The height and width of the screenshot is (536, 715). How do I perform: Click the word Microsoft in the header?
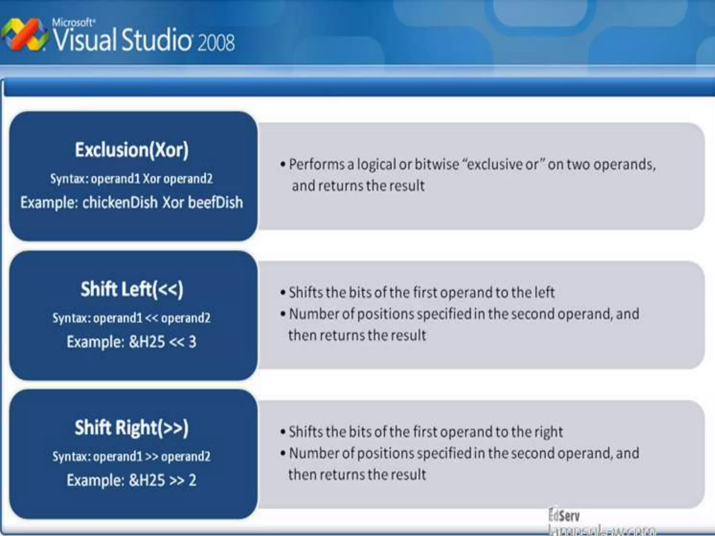tap(73, 23)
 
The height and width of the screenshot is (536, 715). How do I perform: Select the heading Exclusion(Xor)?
tap(132, 150)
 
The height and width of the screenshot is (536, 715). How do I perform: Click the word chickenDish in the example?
tap(120, 202)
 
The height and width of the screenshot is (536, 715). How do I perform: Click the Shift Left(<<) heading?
tap(132, 289)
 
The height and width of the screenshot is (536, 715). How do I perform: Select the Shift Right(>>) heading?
tap(132, 428)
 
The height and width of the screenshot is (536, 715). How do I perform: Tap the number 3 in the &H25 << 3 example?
tap(192, 342)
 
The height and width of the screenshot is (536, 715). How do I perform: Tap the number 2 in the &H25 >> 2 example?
tap(192, 480)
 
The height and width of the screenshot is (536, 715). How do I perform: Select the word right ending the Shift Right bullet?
tap(549, 432)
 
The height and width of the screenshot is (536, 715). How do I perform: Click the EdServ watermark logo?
tap(564, 515)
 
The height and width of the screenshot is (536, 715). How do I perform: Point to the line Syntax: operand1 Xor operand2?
tap(132, 179)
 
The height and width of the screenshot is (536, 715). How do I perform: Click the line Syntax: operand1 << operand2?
tap(132, 318)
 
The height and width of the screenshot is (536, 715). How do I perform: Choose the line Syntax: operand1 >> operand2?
tap(132, 456)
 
